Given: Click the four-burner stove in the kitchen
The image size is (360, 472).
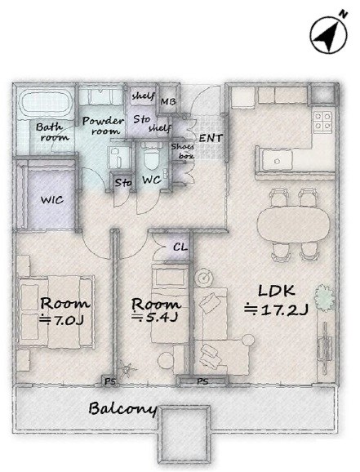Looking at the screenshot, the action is (x=322, y=120).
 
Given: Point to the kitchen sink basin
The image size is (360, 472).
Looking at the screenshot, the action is (x=278, y=160).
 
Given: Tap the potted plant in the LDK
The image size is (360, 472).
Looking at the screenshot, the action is (x=324, y=298).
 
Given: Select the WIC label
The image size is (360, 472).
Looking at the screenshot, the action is (x=52, y=200).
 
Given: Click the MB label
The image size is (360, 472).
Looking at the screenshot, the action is (x=168, y=102).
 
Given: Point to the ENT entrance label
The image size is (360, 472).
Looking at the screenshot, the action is (x=211, y=138).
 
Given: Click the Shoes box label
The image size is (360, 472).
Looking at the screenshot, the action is (x=183, y=151).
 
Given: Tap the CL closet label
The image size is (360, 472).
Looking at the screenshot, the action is (x=180, y=247).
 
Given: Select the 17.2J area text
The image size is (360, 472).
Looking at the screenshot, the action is (x=276, y=309).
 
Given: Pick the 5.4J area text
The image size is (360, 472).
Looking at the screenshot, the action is (x=155, y=317).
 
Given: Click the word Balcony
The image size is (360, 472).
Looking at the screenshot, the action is (x=122, y=409).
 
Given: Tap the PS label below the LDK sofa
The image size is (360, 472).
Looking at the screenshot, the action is (x=202, y=381).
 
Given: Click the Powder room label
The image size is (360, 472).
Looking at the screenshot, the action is (x=103, y=126).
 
